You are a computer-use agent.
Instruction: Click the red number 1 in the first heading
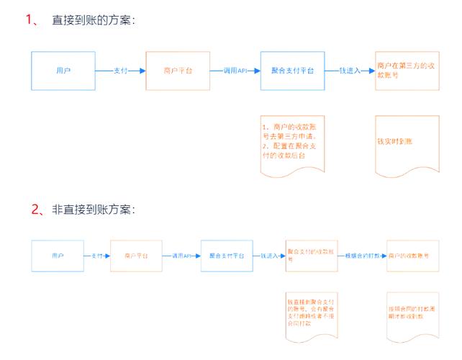(x=31, y=20)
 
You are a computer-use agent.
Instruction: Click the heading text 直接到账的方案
(x=93, y=21)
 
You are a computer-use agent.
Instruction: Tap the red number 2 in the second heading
(x=37, y=210)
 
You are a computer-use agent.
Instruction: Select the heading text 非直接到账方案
(x=93, y=210)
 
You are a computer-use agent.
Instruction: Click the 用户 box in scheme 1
(x=63, y=71)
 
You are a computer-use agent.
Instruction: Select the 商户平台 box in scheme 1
(x=178, y=71)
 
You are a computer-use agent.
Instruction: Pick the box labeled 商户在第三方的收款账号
(x=406, y=70)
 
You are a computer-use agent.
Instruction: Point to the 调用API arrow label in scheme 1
(x=235, y=71)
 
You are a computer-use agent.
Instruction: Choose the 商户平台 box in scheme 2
(x=136, y=256)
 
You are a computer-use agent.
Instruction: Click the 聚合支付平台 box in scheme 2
(x=226, y=256)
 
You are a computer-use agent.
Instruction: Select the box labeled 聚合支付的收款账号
(x=312, y=256)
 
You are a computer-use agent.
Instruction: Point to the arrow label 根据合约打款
(x=362, y=256)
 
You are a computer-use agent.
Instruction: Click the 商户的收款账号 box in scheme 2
(x=412, y=256)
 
